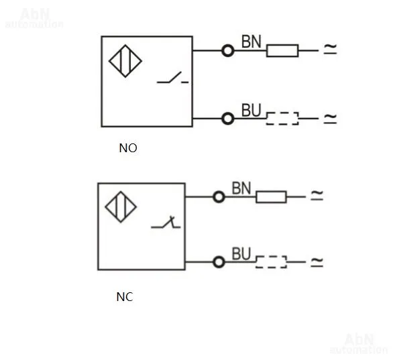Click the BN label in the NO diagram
(x=251, y=42)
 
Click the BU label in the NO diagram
(x=251, y=110)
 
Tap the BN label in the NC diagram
(x=241, y=188)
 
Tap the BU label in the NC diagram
(x=241, y=253)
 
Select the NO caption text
(x=128, y=148)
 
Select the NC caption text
(x=125, y=297)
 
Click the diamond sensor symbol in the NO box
(x=125, y=61)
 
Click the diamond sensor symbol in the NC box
(x=121, y=207)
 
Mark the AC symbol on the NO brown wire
(x=331, y=49)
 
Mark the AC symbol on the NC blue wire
(x=317, y=262)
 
